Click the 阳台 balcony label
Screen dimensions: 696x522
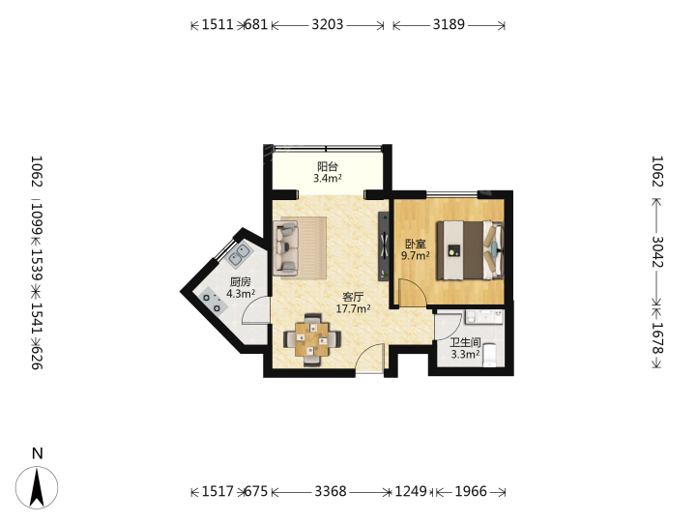click(327, 166)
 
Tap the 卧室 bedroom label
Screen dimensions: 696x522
click(416, 244)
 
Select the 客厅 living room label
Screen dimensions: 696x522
click(353, 297)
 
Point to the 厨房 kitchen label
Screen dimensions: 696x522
click(241, 282)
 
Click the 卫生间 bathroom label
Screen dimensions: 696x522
click(465, 342)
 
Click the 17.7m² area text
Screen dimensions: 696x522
click(353, 308)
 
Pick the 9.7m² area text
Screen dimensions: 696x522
click(416, 255)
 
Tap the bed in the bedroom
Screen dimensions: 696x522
click(470, 250)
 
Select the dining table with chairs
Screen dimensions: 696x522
click(312, 339)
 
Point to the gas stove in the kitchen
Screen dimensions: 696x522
click(212, 301)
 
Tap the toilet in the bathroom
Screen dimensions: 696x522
click(489, 355)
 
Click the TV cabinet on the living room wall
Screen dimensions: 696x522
click(384, 246)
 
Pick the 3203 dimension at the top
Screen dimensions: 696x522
click(328, 25)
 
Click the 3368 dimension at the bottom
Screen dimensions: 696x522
click(331, 492)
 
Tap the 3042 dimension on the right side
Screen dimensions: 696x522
click(657, 251)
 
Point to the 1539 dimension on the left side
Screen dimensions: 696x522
click(37, 265)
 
